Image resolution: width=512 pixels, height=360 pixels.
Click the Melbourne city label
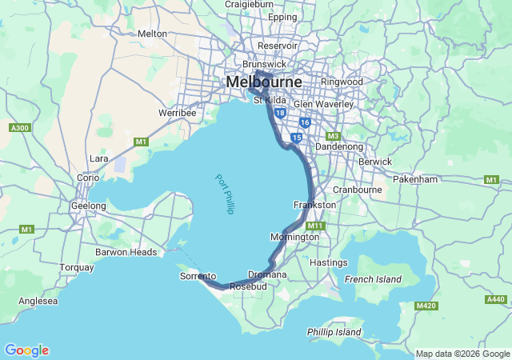pyautogui.click(x=264, y=82)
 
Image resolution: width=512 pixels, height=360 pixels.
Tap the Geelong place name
pyautogui.click(x=88, y=206)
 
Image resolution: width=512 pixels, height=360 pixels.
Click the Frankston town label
pyautogui.click(x=314, y=205)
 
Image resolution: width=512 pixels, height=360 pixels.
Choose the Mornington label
pyautogui.click(x=294, y=237)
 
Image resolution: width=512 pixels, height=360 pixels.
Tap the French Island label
pyautogui.click(x=371, y=278)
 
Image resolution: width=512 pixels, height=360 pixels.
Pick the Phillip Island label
pyautogui.click(x=334, y=331)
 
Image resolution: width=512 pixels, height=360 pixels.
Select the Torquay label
pyautogui.click(x=77, y=267)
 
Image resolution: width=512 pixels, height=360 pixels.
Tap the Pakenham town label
pyautogui.click(x=438, y=179)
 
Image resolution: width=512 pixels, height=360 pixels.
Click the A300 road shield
pyautogui.click(x=19, y=127)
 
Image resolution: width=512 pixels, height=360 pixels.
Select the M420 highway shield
pyautogui.click(x=426, y=306)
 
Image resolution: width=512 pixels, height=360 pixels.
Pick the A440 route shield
pyautogui.click(x=495, y=300)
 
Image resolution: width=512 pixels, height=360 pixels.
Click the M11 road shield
pyautogui.click(x=315, y=226)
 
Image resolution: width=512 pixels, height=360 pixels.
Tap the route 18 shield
pyautogui.click(x=279, y=114)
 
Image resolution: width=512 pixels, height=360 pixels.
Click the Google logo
pyautogui.click(x=26, y=350)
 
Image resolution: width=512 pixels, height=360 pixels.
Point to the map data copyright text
pyautogui.click(x=462, y=354)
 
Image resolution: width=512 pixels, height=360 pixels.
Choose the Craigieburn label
pyautogui.click(x=248, y=4)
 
